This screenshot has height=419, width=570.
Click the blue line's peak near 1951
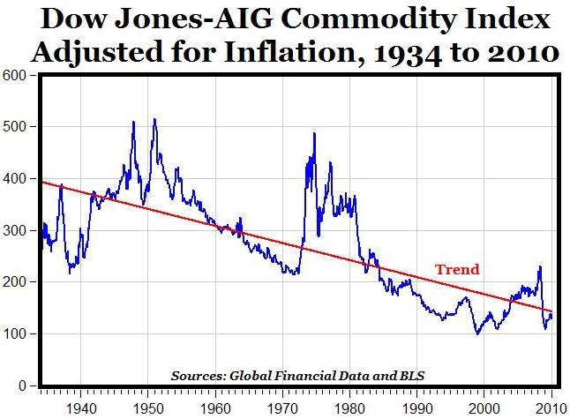tap(154, 119)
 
